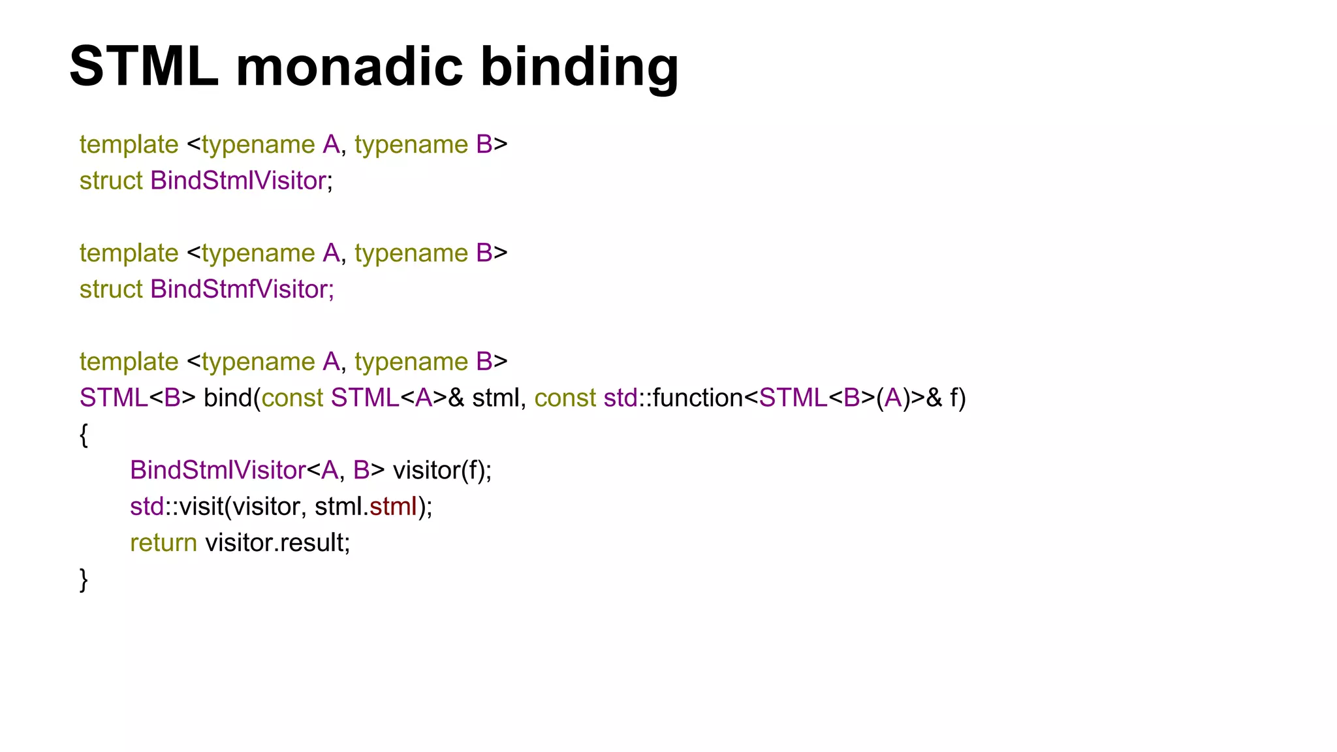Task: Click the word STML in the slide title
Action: coord(144,66)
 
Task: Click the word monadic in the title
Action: coord(349,66)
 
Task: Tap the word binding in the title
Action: coord(579,67)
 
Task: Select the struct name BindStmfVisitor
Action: coord(242,289)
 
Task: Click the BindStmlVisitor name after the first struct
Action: coord(238,181)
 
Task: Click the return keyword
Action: coord(163,542)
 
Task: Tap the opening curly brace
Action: coord(84,435)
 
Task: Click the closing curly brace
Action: coord(84,580)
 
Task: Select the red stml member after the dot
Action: coord(393,507)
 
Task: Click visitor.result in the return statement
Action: coord(277,542)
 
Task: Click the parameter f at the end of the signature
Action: coord(954,398)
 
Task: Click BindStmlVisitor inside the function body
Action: coord(217,470)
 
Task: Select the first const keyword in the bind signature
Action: coord(292,398)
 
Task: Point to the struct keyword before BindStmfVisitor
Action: coord(110,289)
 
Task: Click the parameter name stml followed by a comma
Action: coord(495,398)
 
